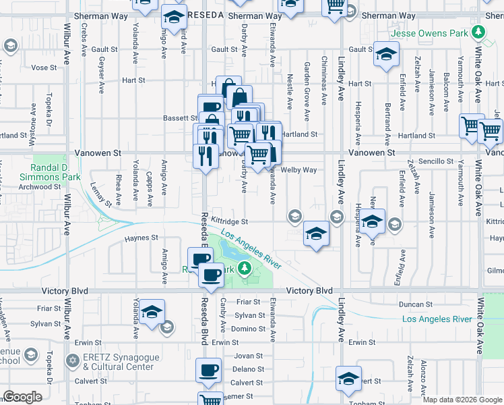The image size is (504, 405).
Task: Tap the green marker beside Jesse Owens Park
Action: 478,32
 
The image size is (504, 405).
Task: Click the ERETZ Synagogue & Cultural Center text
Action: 118,362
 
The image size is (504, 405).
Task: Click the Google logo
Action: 22,397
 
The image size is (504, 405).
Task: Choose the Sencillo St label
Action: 436,161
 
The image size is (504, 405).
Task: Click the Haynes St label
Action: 141,238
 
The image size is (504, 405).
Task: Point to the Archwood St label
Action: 40,187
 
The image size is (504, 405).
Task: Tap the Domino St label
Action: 249,329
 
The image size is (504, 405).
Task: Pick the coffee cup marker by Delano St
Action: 208,370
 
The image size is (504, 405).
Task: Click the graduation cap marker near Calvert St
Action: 348,379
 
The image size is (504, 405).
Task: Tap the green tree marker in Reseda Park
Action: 247,270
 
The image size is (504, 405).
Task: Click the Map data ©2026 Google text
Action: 462,400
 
